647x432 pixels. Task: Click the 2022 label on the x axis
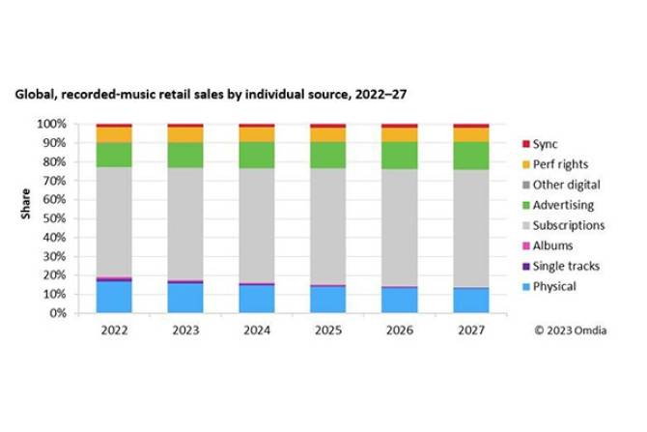(x=114, y=329)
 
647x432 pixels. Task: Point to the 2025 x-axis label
(x=328, y=329)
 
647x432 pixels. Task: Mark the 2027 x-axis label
(x=470, y=329)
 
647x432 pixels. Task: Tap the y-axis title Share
(x=27, y=218)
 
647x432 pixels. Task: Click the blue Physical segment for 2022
(x=114, y=297)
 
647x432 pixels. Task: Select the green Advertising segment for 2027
(x=470, y=156)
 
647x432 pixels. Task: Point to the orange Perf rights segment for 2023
(x=185, y=135)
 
